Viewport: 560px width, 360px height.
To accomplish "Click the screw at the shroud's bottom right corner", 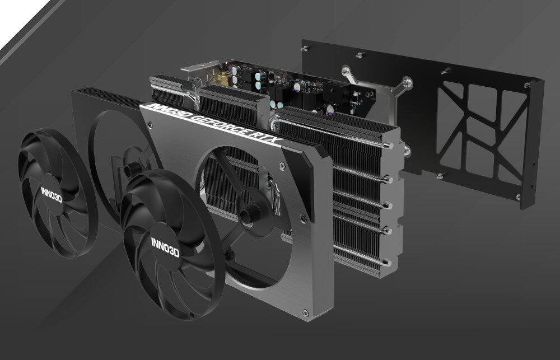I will [305, 312].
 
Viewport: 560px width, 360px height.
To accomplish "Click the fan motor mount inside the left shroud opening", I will [132, 168].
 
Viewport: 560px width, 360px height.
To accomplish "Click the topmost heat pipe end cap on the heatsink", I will [386, 144].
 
